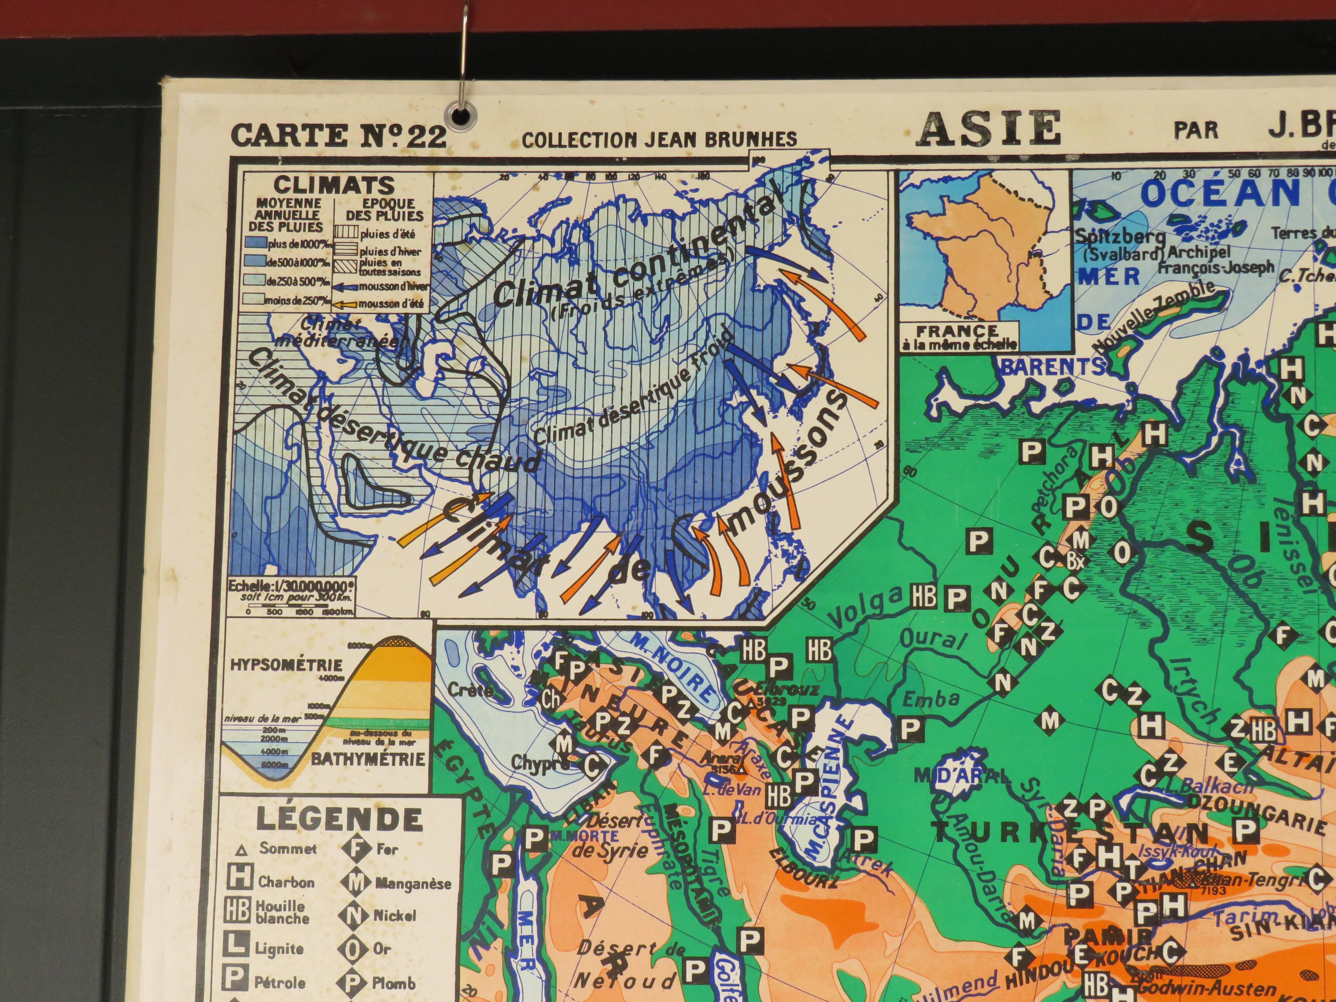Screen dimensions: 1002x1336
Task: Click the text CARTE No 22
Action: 338,135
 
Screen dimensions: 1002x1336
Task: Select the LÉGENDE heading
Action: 339,820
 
